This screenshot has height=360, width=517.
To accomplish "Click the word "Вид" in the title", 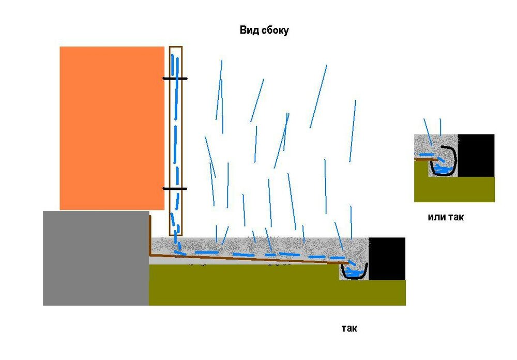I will (x=249, y=31).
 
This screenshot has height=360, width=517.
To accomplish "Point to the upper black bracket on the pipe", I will (x=175, y=79).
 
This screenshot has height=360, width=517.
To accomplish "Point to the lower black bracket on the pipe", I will (x=175, y=189).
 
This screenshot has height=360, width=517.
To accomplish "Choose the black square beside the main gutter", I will (x=387, y=259).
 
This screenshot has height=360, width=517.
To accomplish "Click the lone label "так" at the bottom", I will (x=349, y=328).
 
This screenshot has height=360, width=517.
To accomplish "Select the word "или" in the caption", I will (x=436, y=217).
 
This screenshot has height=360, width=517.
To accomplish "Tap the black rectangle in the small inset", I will (x=476, y=155).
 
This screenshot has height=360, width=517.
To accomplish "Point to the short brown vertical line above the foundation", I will (x=150, y=233).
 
